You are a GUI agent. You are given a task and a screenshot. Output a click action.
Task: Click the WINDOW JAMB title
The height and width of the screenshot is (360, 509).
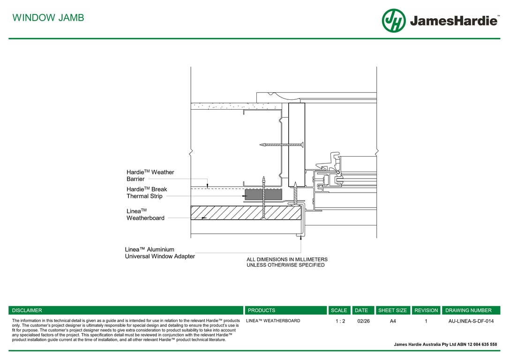(48, 18)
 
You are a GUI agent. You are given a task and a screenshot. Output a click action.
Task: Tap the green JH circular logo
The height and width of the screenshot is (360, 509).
(394, 21)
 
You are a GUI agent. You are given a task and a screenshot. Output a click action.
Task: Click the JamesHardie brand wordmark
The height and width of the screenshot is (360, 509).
(453, 21)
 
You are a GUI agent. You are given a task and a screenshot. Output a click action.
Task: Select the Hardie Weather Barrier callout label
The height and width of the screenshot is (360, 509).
(150, 176)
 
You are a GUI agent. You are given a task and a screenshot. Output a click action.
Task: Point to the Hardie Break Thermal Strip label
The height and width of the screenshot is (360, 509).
(147, 193)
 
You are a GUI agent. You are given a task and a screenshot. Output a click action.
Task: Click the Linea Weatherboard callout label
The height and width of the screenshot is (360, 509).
(145, 215)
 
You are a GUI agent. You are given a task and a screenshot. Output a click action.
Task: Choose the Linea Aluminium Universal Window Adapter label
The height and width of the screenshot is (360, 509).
(160, 253)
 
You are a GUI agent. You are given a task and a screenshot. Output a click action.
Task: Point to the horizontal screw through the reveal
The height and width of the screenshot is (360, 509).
(281, 145)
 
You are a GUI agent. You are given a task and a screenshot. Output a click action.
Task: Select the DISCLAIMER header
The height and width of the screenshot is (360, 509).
(27, 310)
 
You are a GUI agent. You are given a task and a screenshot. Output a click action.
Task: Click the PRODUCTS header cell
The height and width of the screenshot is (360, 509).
(262, 310)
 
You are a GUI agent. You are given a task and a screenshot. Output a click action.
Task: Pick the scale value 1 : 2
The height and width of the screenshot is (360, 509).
(340, 321)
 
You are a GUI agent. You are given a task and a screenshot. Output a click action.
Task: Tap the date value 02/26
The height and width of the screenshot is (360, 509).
(363, 321)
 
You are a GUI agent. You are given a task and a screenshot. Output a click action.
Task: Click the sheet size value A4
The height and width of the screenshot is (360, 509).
(393, 321)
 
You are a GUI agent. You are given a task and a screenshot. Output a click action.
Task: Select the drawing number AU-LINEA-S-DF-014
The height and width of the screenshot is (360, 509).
(471, 321)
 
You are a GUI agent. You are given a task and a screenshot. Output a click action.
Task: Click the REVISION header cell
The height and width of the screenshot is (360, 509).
(426, 310)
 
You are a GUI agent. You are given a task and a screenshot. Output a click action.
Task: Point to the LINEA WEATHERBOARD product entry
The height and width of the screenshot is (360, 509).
(273, 321)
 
